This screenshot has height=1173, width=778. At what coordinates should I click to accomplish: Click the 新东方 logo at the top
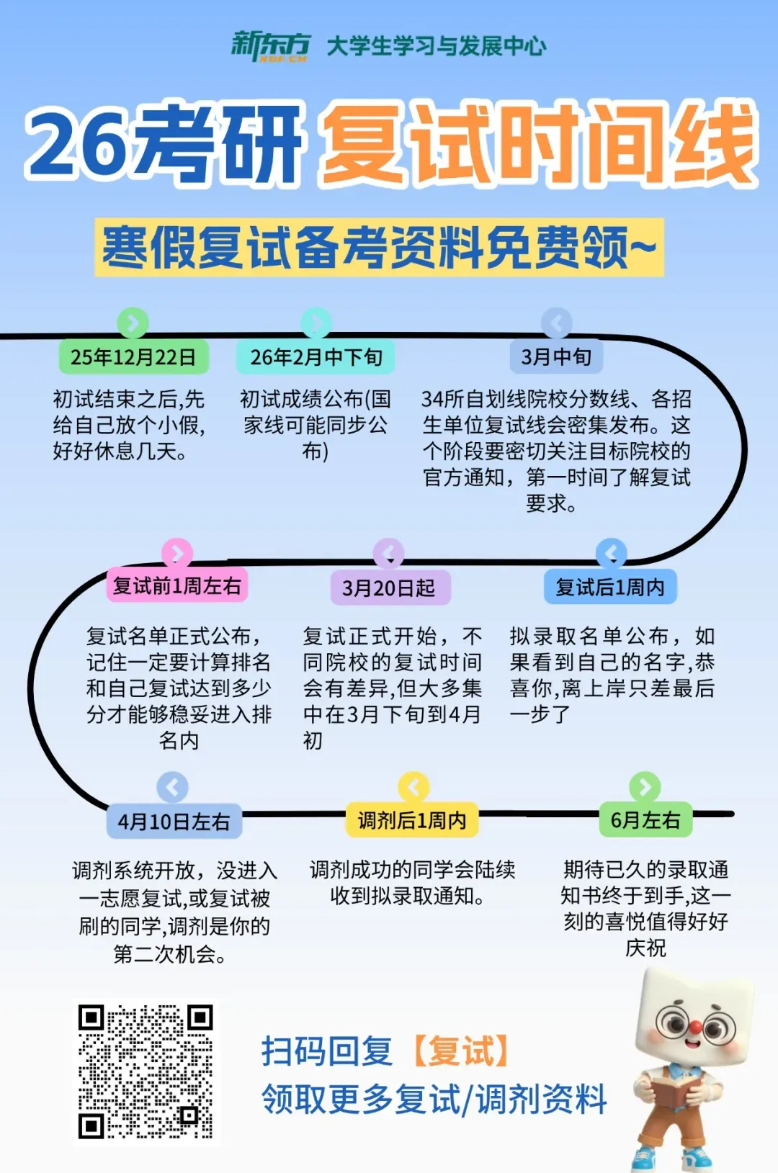pyautogui.click(x=269, y=46)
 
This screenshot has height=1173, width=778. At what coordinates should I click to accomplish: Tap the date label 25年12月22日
pyautogui.click(x=133, y=357)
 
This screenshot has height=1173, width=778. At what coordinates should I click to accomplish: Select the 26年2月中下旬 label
pyautogui.click(x=316, y=357)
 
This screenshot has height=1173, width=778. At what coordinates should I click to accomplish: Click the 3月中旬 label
pyautogui.click(x=556, y=356)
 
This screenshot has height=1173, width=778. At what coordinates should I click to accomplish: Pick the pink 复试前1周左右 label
pyautogui.click(x=177, y=586)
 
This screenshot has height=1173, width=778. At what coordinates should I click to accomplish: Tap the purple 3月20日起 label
pyautogui.click(x=389, y=588)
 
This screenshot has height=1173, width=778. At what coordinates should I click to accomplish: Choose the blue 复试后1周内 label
pyautogui.click(x=610, y=588)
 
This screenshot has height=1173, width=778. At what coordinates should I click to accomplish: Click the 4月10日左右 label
pyautogui.click(x=174, y=822)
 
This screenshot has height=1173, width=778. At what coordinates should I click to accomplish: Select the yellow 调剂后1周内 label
pyautogui.click(x=412, y=820)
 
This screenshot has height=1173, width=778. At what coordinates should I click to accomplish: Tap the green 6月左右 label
pyautogui.click(x=645, y=820)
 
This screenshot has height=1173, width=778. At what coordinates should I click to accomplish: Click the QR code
pyautogui.click(x=146, y=1071)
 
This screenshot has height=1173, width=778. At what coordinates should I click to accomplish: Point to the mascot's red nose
pyautogui.click(x=695, y=1025)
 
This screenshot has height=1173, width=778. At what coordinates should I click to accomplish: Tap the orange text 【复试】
pyautogui.click(x=462, y=1051)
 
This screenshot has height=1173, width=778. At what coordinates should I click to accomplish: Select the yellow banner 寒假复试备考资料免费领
pyautogui.click(x=379, y=248)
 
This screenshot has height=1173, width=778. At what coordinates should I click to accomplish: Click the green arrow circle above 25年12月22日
pyautogui.click(x=133, y=323)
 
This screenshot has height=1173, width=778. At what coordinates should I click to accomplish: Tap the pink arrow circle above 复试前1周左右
pyautogui.click(x=177, y=553)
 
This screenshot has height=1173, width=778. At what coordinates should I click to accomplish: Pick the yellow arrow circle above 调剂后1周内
pyautogui.click(x=413, y=787)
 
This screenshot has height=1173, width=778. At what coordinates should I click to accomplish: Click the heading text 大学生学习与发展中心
pyautogui.click(x=437, y=47)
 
